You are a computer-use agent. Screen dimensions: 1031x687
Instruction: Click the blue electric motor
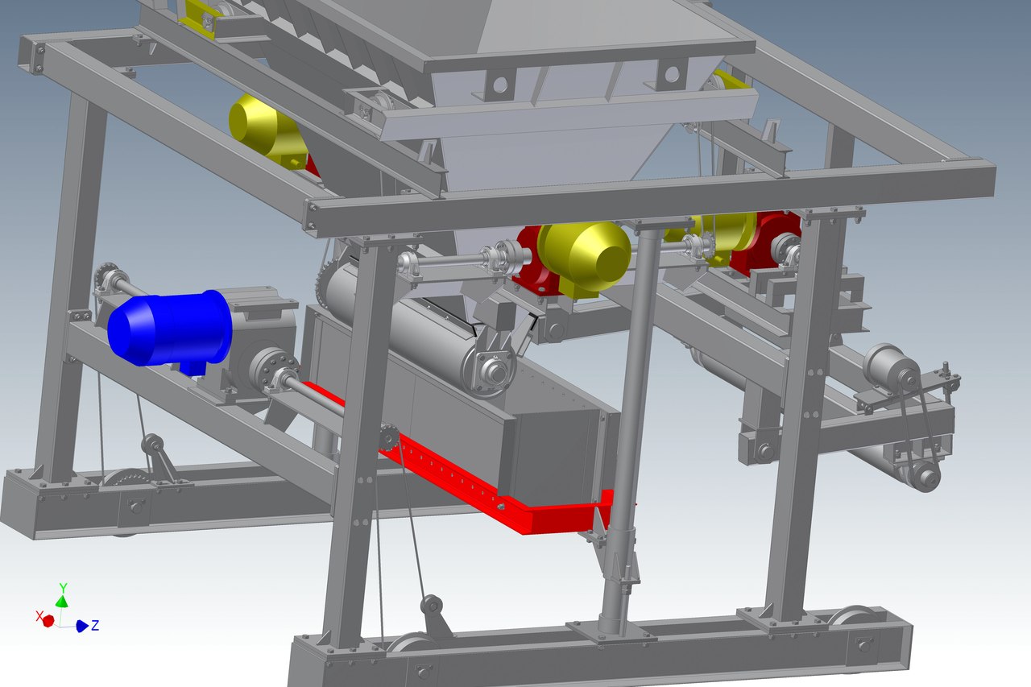coord(169,329)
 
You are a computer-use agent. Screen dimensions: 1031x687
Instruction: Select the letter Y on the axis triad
coord(63,588)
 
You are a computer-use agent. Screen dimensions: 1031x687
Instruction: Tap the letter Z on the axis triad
coord(95,625)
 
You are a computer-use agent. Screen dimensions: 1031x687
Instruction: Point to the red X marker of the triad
coord(48,621)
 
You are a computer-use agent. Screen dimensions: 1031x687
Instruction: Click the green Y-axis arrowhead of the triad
coord(62,601)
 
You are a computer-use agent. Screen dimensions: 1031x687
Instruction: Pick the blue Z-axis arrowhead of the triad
coord(82,626)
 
